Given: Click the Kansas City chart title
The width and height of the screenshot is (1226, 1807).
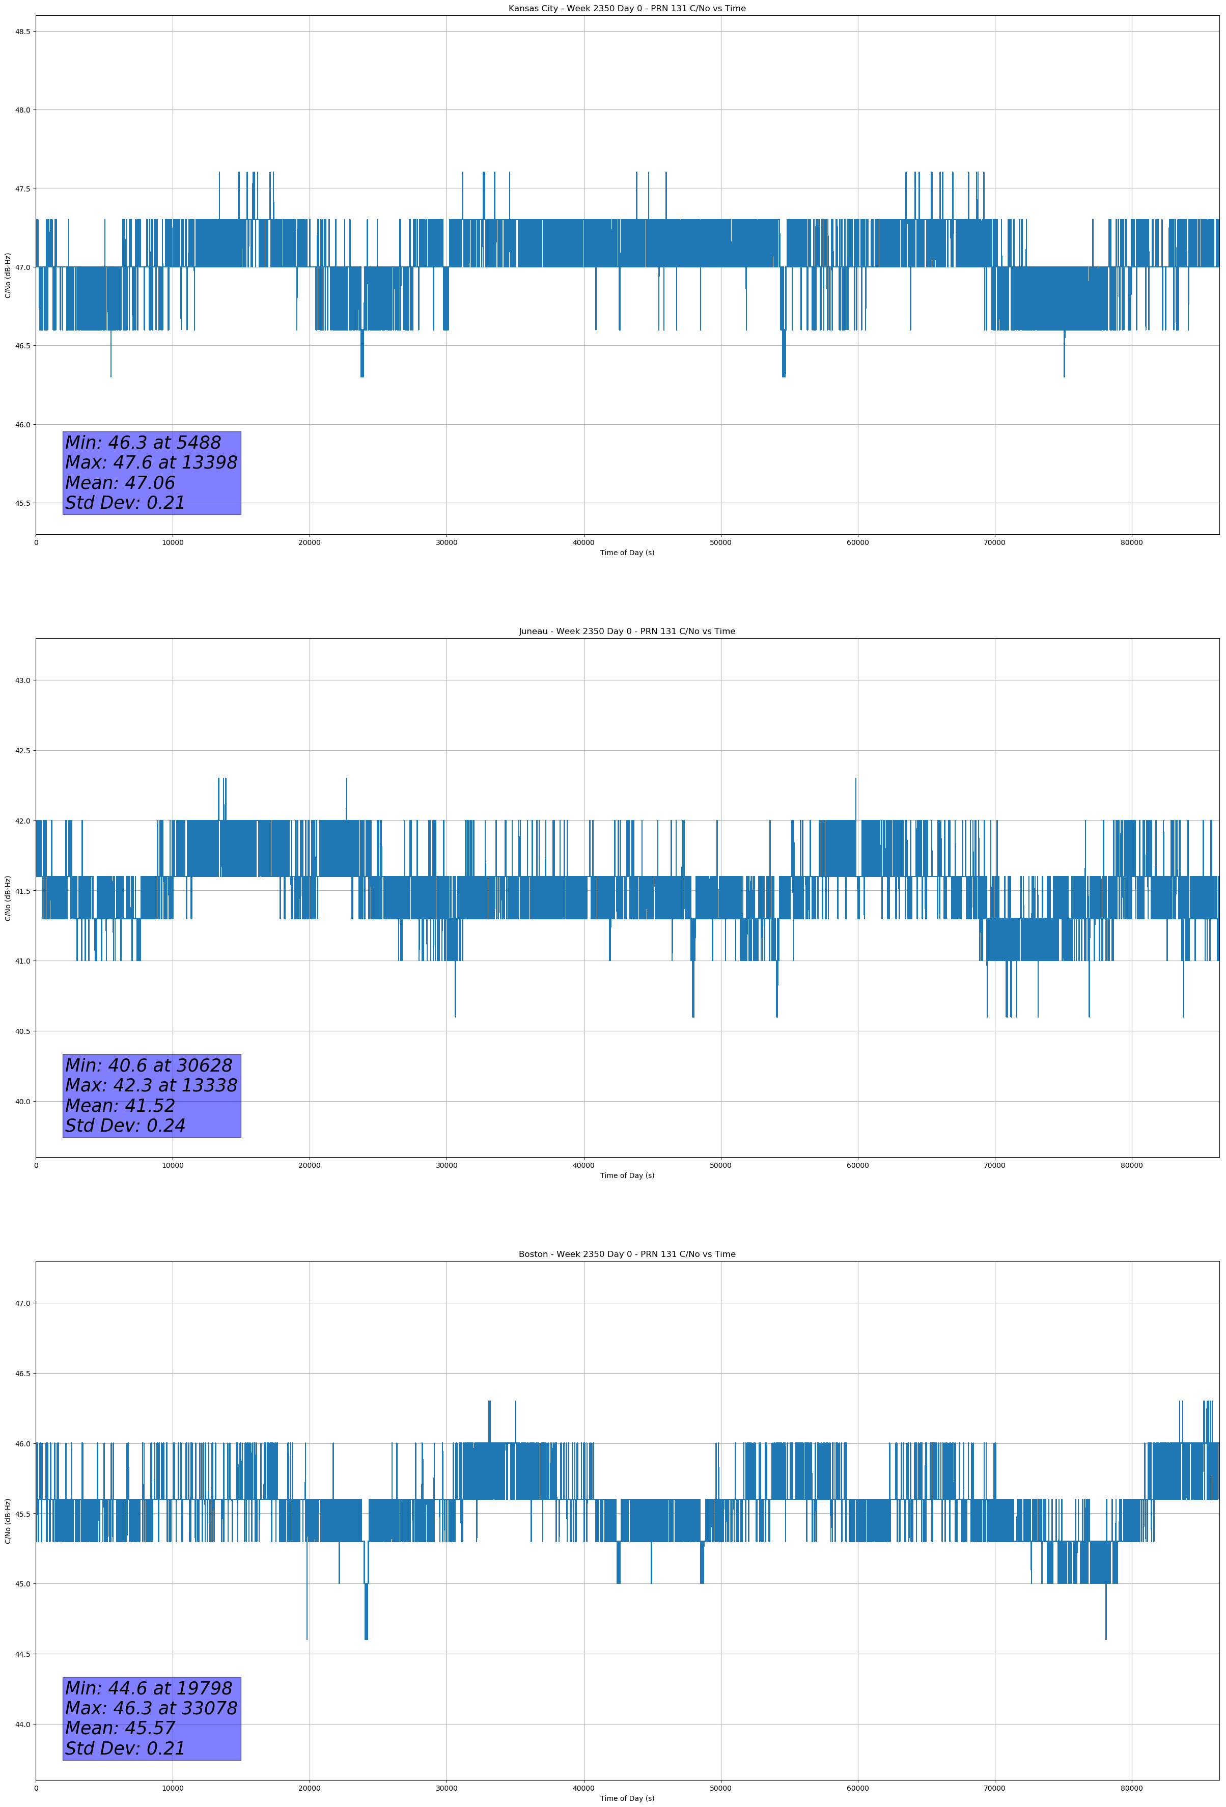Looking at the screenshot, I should coord(627,9).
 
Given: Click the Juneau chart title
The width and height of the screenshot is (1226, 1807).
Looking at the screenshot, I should coord(627,632).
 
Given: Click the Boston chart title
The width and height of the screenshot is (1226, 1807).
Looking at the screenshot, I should coord(627,1254).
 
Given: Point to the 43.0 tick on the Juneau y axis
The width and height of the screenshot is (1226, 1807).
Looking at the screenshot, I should coord(22,680).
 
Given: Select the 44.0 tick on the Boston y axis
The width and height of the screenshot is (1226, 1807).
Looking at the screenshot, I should coord(22,1724).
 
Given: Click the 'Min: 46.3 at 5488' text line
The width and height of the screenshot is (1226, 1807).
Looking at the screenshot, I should coord(143,443).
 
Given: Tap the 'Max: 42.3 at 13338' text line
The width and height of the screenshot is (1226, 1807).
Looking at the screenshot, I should coord(151,1085).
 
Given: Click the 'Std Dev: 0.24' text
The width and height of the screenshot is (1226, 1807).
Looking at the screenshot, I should coord(125,1126).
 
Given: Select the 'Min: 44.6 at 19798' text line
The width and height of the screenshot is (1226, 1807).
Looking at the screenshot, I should coord(149,1688).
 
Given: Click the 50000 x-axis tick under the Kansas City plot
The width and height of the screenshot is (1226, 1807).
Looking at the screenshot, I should coord(720,543).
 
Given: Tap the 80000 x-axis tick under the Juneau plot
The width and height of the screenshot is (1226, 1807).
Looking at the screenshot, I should coord(1131,1165).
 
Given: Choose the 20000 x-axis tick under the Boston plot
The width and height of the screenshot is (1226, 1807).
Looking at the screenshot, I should coord(310,1788).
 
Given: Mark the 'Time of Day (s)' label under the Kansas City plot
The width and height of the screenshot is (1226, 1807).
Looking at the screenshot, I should coord(627,553).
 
